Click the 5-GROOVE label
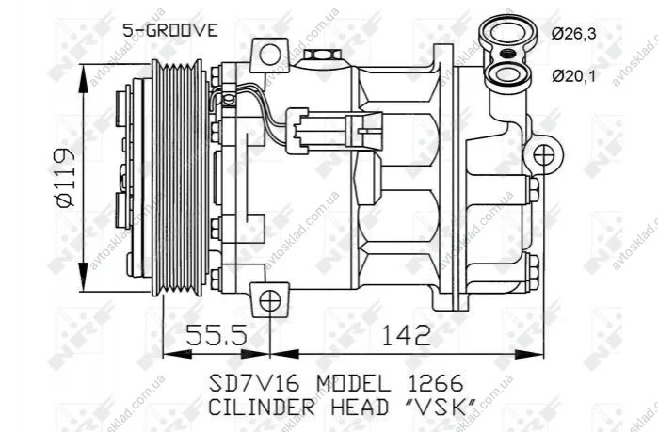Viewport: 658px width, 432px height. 170,30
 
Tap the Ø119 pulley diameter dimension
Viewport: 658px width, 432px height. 64,177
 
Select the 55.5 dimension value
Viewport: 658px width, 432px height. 217,334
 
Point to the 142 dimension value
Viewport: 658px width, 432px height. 407,334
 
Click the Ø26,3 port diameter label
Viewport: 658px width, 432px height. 573,34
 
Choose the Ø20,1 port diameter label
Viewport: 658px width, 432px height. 573,76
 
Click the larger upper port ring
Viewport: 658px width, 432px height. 507,32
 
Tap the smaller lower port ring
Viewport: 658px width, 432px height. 506,73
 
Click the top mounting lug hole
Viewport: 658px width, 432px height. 270,55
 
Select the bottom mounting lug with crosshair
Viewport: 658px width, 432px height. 269,301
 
